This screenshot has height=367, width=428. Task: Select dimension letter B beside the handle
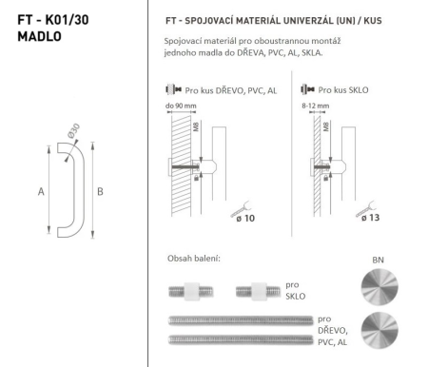tap(101, 190)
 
